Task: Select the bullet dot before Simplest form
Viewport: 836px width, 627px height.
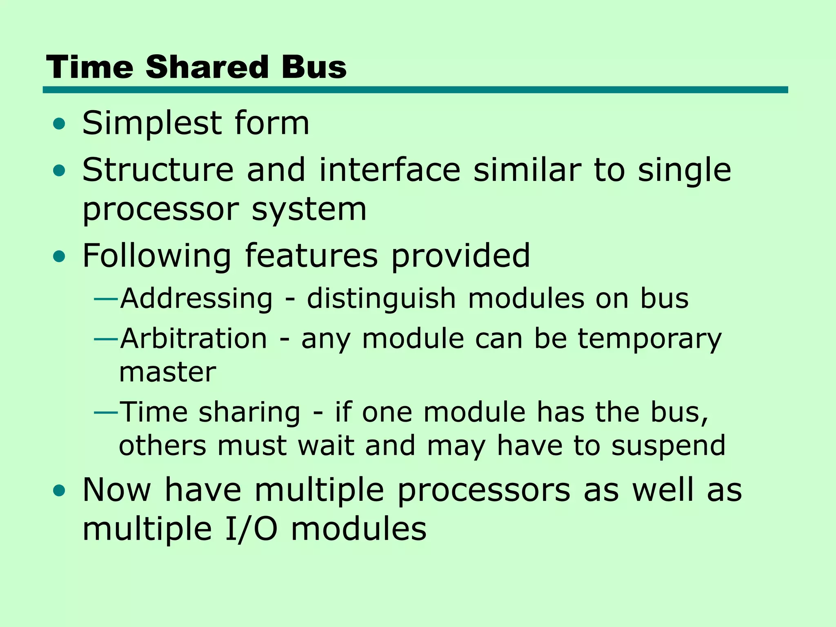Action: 59,124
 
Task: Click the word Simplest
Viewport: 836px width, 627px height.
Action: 151,124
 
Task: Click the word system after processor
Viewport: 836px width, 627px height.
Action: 309,210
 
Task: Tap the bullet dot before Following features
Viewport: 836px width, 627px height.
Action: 59,256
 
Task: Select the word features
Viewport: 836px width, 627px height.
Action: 311,256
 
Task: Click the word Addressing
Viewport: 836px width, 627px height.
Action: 196,299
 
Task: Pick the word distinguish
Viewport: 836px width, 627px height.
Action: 381,299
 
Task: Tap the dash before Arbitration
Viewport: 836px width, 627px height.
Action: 106,339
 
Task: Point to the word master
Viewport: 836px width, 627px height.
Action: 167,372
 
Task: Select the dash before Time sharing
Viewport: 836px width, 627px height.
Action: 106,412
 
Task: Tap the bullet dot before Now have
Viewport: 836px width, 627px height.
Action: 59,491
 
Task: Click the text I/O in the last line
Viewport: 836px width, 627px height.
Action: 251,529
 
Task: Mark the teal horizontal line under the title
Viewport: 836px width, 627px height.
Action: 415,90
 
